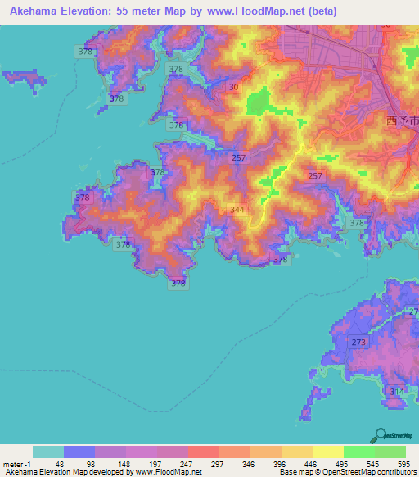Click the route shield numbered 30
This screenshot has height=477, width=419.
coord(235,88)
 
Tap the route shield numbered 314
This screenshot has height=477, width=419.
coord(397,392)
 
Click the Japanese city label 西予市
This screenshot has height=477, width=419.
coord(402,120)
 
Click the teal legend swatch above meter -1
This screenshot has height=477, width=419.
coord(48,452)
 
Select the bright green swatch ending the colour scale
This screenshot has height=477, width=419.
coord(390,452)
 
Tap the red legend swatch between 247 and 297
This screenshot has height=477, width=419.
coord(204,452)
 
